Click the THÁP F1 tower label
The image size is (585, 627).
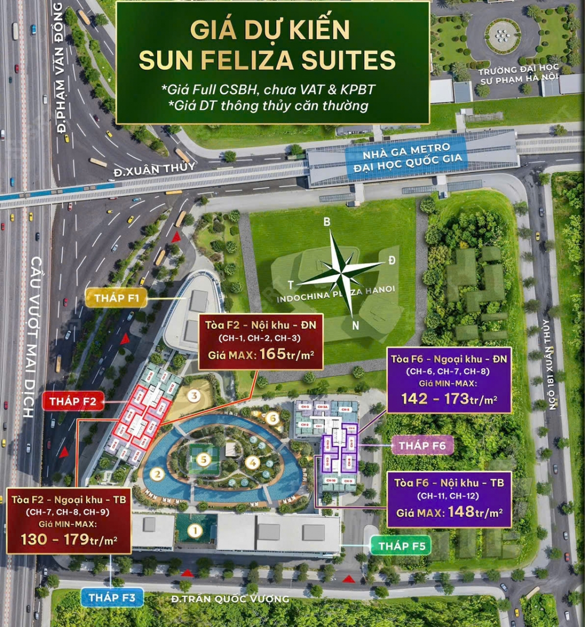click(x=117, y=298)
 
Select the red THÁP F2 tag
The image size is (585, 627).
click(x=74, y=401)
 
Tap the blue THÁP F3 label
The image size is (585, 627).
click(x=112, y=597)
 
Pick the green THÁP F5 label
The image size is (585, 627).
click(x=401, y=546)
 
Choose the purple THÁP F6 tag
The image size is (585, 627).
click(x=422, y=446)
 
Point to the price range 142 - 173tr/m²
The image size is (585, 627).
click(x=449, y=399)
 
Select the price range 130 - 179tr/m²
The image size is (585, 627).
click(x=69, y=539)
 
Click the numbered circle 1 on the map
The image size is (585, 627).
click(x=195, y=531)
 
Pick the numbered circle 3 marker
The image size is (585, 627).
click(x=195, y=395)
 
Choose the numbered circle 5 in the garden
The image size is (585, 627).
click(x=204, y=460)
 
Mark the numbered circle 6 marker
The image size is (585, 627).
click(x=271, y=417)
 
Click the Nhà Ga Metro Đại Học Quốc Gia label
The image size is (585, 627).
click(x=413, y=161)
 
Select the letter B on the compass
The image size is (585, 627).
click(x=327, y=222)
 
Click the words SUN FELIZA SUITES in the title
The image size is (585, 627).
click(x=267, y=61)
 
